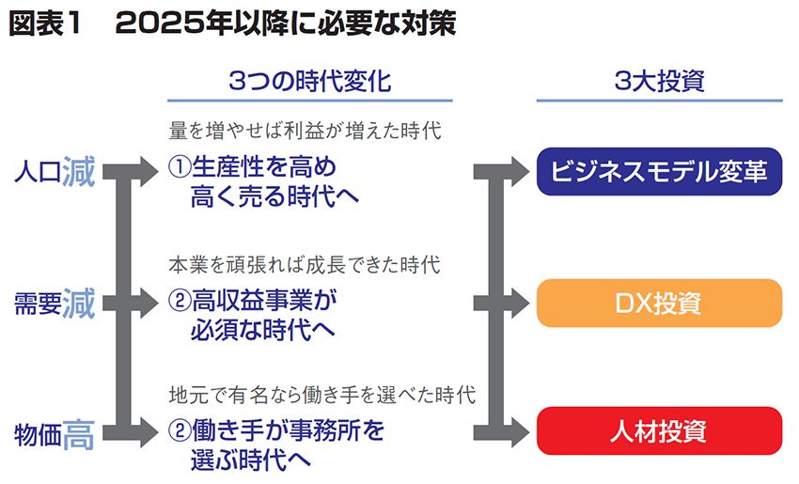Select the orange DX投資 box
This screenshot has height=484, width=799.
(659, 303)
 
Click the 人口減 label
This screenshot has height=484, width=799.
(55, 172)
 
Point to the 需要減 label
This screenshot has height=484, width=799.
(55, 304)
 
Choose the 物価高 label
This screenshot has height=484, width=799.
(55, 433)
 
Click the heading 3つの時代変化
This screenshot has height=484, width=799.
(309, 82)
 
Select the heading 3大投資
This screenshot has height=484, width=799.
(659, 82)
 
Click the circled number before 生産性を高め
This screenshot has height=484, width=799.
(179, 167)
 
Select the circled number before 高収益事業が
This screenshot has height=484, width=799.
(179, 301)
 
